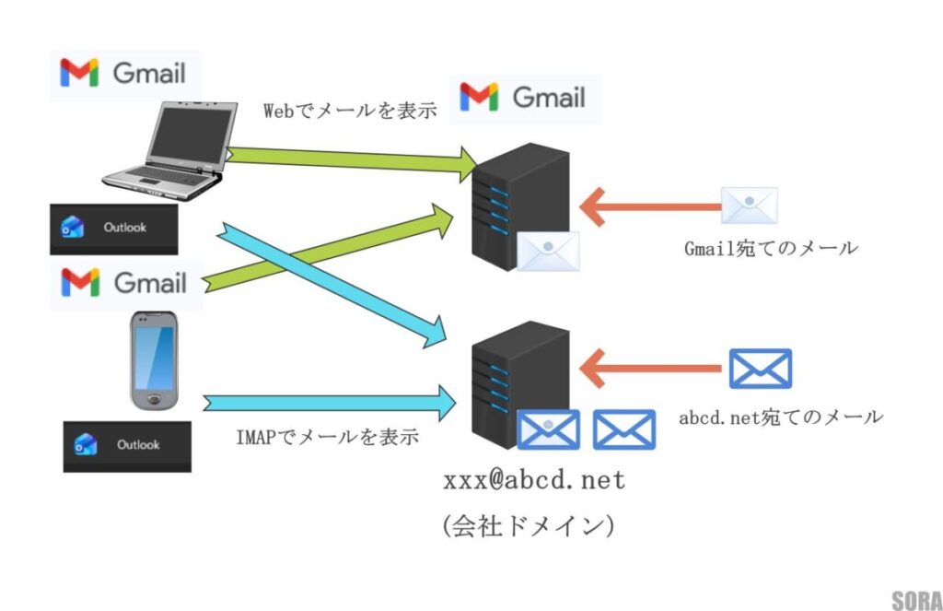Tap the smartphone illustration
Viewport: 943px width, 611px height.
click(x=153, y=359)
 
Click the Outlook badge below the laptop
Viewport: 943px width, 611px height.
click(x=113, y=228)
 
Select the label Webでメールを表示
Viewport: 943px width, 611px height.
click(x=350, y=112)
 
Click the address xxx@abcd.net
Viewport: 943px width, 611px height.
click(x=534, y=480)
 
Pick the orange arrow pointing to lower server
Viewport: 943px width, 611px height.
click(x=649, y=369)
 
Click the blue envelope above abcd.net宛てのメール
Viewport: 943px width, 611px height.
click(x=760, y=368)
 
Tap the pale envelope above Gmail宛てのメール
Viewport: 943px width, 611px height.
click(x=749, y=206)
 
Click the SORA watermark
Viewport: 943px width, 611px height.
click(x=915, y=600)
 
